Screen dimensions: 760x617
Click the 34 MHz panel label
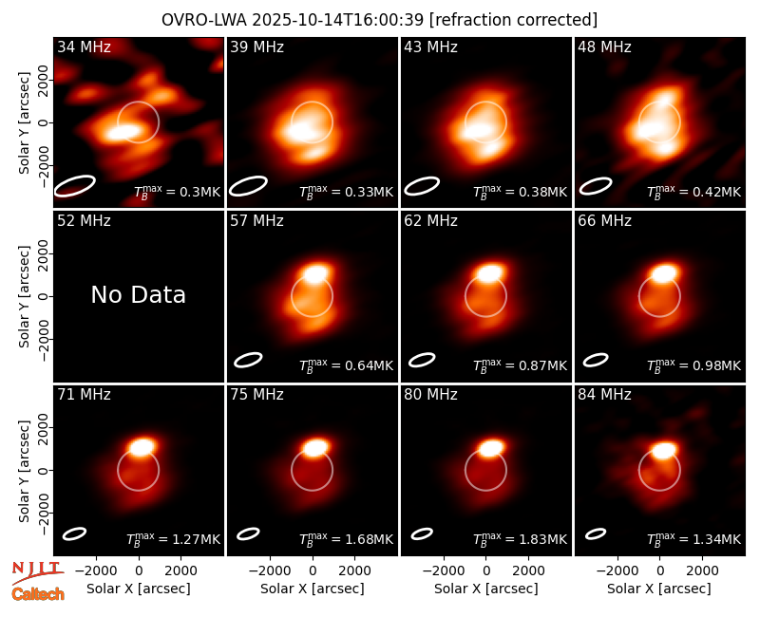tap(84, 47)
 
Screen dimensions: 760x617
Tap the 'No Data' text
tap(139, 294)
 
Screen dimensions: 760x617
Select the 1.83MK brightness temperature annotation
tap(520, 538)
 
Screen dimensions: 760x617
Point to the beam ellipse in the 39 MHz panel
tap(248, 186)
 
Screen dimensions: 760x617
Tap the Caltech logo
tap(38, 594)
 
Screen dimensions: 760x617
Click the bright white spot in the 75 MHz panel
tap(316, 447)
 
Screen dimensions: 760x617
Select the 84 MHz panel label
tap(604, 395)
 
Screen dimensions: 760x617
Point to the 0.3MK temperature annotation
tap(178, 192)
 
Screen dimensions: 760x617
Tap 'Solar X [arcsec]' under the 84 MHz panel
tap(659, 589)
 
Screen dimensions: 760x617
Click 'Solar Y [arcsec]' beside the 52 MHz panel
tap(25, 296)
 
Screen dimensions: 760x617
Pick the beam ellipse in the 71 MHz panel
tap(75, 533)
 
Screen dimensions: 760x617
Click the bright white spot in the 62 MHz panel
tap(489, 272)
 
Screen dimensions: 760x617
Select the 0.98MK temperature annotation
tap(694, 365)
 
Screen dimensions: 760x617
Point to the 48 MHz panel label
tap(604, 47)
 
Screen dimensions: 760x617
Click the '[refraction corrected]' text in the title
tap(513, 20)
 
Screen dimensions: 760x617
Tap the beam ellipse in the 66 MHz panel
tap(596, 360)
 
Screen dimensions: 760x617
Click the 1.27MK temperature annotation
tap(173, 538)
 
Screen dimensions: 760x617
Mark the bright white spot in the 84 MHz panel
tap(663, 450)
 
